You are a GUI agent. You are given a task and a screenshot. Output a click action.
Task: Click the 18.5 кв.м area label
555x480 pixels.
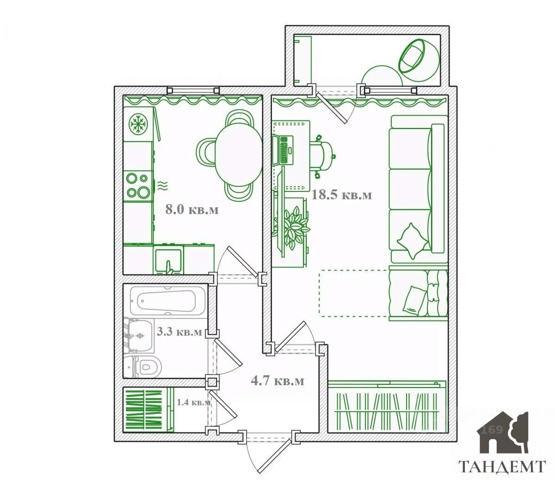click(341, 195)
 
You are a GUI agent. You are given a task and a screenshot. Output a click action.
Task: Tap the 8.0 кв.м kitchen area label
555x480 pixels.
click(192, 209)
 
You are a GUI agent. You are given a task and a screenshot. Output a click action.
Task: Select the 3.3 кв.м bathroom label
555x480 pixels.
click(179, 332)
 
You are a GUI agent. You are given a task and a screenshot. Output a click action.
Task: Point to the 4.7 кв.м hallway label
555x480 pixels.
click(277, 381)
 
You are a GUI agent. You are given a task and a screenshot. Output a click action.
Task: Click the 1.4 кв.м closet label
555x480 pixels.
click(194, 402)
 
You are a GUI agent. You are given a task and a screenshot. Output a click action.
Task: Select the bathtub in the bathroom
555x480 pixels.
click(167, 301)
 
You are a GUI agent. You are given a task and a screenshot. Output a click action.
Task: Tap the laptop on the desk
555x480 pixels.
click(283, 150)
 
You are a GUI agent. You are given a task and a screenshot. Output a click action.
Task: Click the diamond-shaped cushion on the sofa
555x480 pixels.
click(412, 241)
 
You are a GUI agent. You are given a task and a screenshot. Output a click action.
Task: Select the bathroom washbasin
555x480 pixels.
click(140, 336)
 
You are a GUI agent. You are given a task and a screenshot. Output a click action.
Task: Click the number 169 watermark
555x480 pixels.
click(492, 430)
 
